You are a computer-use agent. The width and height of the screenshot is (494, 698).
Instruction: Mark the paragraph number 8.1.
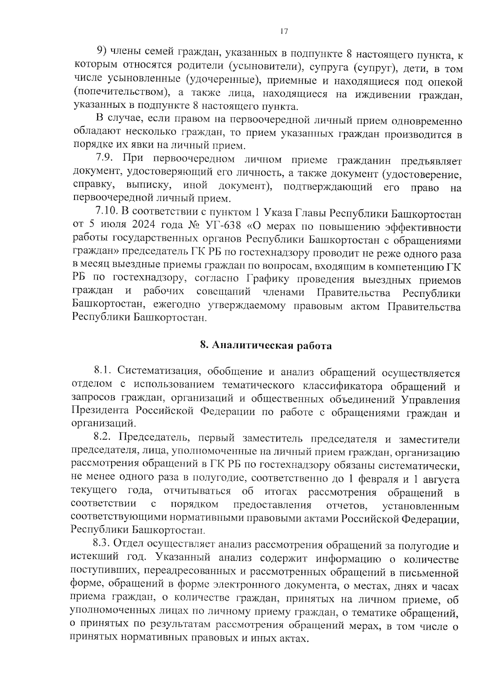click(x=103, y=372)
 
